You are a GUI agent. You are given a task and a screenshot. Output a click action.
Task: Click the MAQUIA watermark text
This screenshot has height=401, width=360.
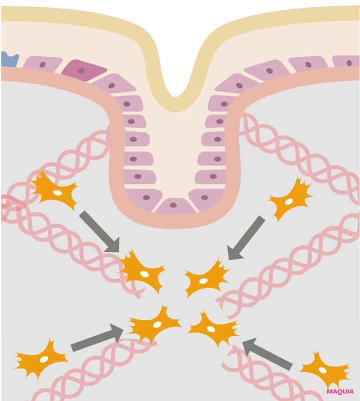pos(340,391)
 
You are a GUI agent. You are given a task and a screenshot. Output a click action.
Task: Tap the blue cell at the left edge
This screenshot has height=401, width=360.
pos(9,59)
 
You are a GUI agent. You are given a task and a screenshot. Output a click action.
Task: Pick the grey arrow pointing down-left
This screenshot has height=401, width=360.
pos(246,238)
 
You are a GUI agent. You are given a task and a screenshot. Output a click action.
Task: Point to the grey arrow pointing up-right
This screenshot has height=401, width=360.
pos(97,337)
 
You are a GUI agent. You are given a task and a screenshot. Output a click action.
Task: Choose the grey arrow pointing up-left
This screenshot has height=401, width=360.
pos(267,353)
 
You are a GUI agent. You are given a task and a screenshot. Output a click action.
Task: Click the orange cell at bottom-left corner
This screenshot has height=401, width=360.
pos(41,358)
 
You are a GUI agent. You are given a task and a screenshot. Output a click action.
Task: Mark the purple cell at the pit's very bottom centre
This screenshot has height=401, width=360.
pos(175,206)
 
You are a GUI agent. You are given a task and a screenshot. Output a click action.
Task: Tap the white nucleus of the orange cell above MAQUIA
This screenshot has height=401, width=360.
pos(322,370)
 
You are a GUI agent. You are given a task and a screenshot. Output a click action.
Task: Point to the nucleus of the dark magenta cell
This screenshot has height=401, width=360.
pos(81,70)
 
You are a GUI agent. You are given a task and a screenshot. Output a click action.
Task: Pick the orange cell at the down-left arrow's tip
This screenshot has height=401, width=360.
pos(206,279)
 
